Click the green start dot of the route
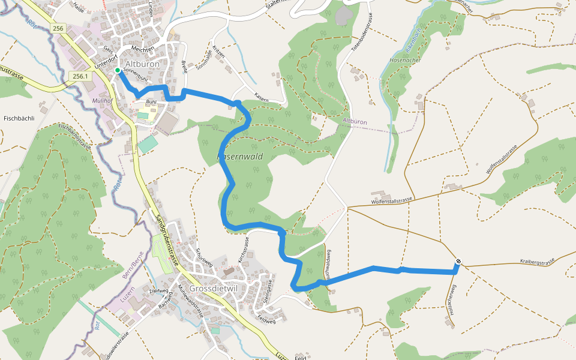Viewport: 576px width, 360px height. tap(118, 71)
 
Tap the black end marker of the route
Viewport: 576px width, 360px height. tap(458, 261)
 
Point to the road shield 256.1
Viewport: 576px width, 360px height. tap(80, 76)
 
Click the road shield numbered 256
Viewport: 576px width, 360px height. tap(58, 29)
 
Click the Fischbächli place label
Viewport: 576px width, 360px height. tap(19, 118)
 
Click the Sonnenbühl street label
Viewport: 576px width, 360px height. tap(135, 76)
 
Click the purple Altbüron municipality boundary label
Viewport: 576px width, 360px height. tap(355, 122)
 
